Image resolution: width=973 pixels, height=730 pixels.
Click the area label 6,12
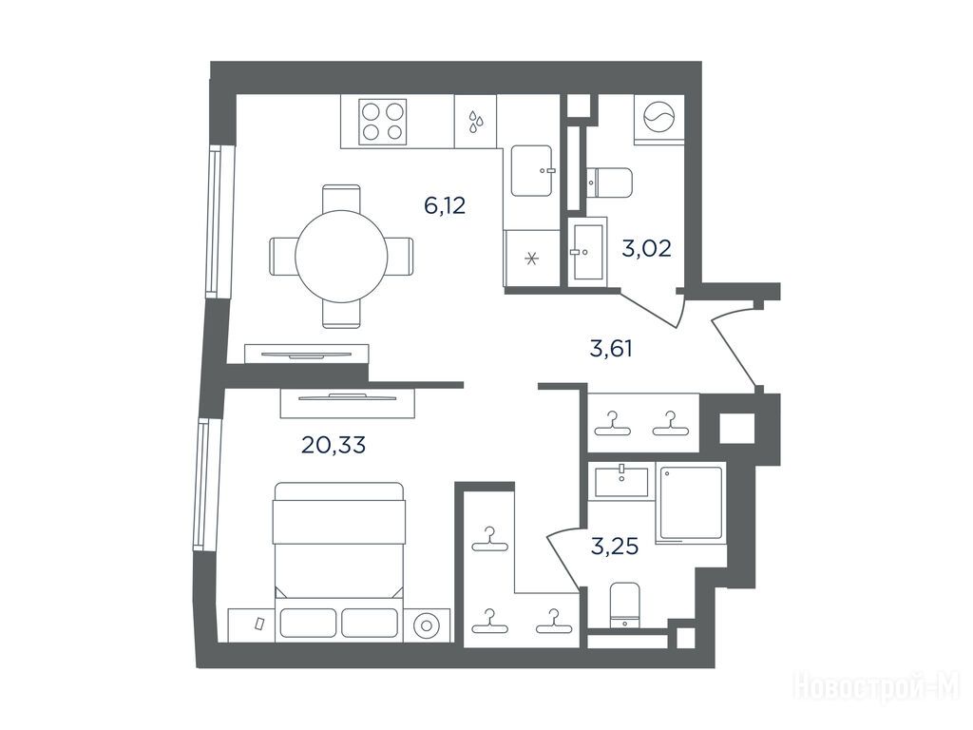coord(445,205)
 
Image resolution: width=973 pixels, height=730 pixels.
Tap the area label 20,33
coord(334,445)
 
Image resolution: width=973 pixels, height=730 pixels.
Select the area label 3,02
coord(646,249)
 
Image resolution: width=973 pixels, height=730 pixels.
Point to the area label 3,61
coord(611,349)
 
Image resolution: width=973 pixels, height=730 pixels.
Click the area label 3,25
coord(615,547)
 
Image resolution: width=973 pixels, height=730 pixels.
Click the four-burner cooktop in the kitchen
coord(382,122)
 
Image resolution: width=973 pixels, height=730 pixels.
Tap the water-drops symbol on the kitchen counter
coord(475,123)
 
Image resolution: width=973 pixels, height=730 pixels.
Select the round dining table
coord(341,257)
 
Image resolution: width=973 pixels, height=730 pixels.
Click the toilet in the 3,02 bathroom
coord(609,182)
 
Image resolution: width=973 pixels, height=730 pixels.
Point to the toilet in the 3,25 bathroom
coord(624,605)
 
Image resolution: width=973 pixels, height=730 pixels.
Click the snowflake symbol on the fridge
coord(531,259)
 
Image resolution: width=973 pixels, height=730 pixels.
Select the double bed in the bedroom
coord(339,541)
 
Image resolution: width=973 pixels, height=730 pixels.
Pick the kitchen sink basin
coord(532,171)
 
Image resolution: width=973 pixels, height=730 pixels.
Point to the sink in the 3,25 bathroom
coord(621,482)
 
